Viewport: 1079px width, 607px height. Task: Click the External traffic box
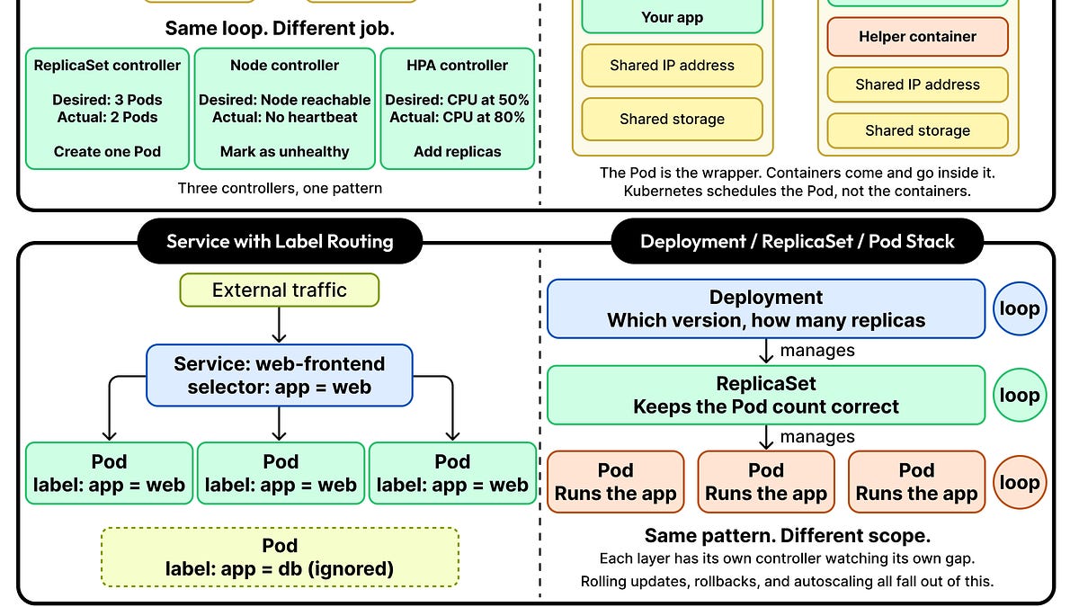pos(280,290)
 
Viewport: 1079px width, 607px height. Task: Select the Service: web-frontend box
pos(280,375)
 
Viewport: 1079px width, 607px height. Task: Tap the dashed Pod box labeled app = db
pos(280,558)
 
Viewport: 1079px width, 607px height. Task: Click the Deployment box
pos(766,308)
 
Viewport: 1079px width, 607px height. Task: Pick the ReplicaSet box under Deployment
pos(766,395)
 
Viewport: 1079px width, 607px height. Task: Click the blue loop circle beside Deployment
pos(1020,308)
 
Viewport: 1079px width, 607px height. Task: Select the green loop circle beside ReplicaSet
pos(1020,395)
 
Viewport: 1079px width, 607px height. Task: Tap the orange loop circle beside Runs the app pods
pos(1020,482)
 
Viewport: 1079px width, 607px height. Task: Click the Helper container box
pos(917,37)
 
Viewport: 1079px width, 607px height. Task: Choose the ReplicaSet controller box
pos(107,109)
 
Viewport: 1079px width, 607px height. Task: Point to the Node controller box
pos(284,109)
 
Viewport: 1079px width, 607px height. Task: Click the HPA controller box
pos(457,109)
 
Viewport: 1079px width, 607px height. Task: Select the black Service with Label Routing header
pos(280,241)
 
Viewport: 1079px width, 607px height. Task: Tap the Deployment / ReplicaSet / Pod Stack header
pos(797,241)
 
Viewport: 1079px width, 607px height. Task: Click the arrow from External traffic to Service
pos(280,324)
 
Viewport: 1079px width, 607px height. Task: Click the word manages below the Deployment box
pos(816,351)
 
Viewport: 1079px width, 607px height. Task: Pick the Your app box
pos(673,17)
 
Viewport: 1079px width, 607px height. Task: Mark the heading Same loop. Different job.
pos(280,28)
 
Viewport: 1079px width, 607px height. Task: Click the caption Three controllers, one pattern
pos(280,188)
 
